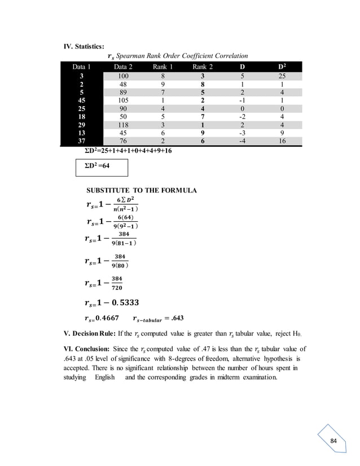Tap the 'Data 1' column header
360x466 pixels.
coord(82,67)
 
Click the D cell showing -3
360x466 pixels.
coord(242,131)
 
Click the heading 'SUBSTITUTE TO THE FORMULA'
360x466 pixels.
coord(141,191)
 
